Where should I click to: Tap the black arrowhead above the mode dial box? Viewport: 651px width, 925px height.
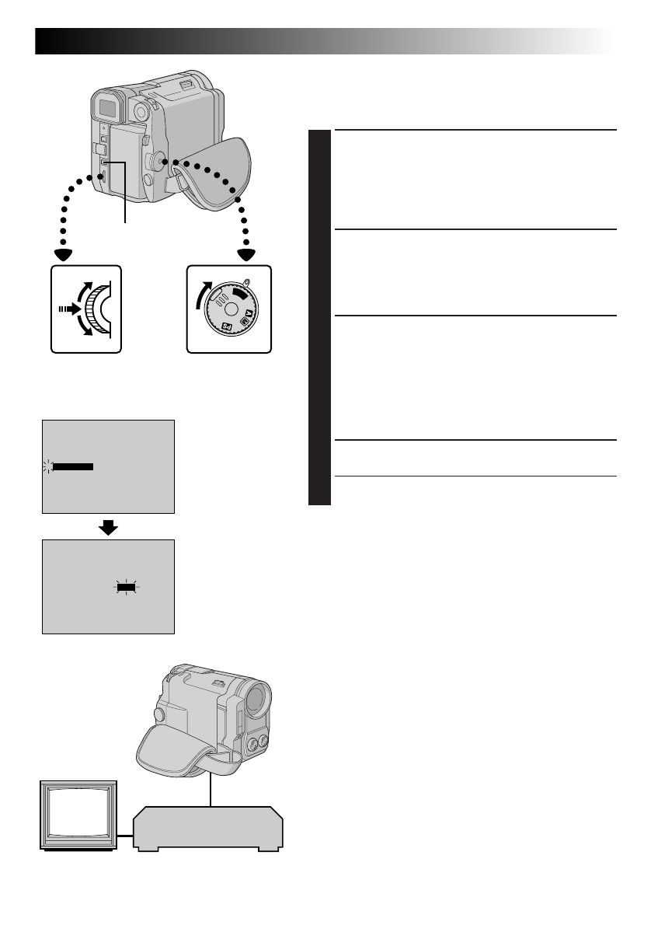247,253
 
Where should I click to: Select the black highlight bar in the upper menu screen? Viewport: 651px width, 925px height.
72,467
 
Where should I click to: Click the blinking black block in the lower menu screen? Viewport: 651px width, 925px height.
125,588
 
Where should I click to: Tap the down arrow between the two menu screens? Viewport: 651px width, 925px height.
110,528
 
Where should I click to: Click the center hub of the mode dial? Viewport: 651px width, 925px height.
232,305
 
